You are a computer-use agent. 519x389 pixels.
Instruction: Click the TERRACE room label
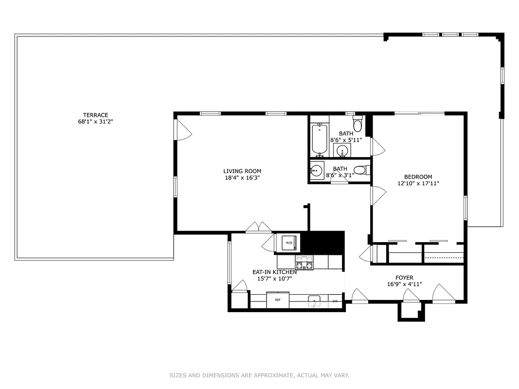pyautogui.click(x=95, y=115)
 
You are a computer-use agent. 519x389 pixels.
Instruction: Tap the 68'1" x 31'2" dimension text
pyautogui.click(x=95, y=122)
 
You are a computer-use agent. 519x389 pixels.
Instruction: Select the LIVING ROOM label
pyautogui.click(x=242, y=171)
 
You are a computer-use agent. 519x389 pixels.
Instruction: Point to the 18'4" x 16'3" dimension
pyautogui.click(x=242, y=177)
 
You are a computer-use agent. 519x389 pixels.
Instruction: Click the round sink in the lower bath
pyautogui.click(x=317, y=171)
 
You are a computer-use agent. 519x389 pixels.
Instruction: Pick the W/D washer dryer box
pyautogui.click(x=288, y=243)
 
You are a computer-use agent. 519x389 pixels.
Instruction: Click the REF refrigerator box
pyautogui.click(x=278, y=300)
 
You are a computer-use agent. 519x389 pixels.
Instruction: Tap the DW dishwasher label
pyautogui.click(x=335, y=301)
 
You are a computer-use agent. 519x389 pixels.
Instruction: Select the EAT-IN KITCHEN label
pyautogui.click(x=274, y=272)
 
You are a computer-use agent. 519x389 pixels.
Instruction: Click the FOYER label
pyautogui.click(x=404, y=278)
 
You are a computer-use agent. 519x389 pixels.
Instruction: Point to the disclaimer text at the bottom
pyautogui.click(x=259, y=375)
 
